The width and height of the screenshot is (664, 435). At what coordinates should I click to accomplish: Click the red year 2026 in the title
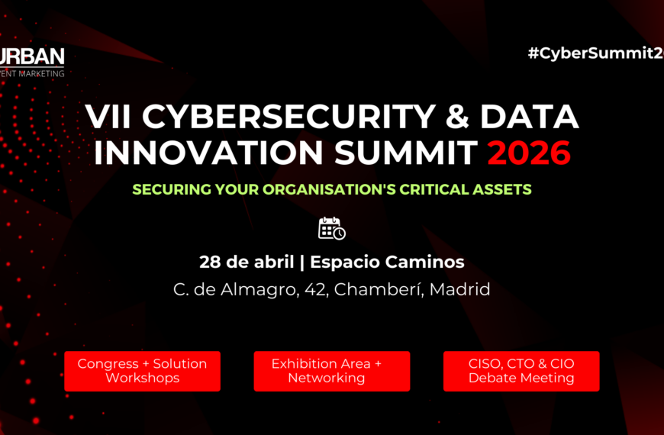529,153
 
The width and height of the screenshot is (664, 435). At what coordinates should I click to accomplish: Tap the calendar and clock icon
332,228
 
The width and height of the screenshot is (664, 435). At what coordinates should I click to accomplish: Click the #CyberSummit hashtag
595,53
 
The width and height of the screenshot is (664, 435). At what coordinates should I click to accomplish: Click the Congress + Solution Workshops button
142,371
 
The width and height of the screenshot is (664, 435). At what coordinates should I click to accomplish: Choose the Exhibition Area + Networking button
332,371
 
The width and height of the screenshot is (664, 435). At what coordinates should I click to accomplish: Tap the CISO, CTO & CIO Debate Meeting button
521,371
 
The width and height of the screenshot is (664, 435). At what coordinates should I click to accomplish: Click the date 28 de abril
246,262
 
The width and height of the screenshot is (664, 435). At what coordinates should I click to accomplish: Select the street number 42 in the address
311,289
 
